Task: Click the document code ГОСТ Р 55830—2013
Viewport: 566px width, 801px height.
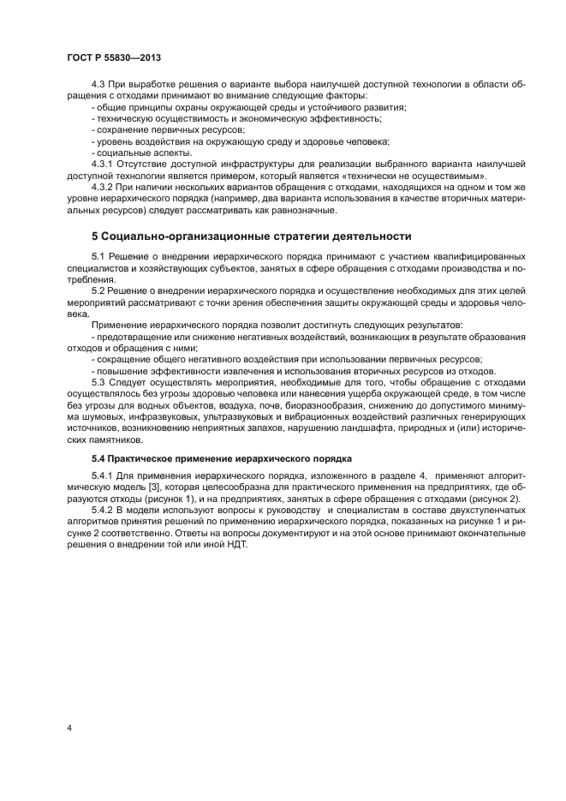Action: click(113, 57)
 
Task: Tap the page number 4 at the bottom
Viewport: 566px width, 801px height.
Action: click(69, 729)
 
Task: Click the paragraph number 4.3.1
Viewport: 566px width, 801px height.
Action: click(104, 163)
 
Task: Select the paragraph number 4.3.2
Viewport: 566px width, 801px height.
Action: click(104, 186)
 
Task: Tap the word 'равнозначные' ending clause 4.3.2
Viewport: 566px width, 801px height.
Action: click(307, 210)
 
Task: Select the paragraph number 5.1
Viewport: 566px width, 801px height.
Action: click(99, 257)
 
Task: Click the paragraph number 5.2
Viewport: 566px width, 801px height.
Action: click(99, 291)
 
